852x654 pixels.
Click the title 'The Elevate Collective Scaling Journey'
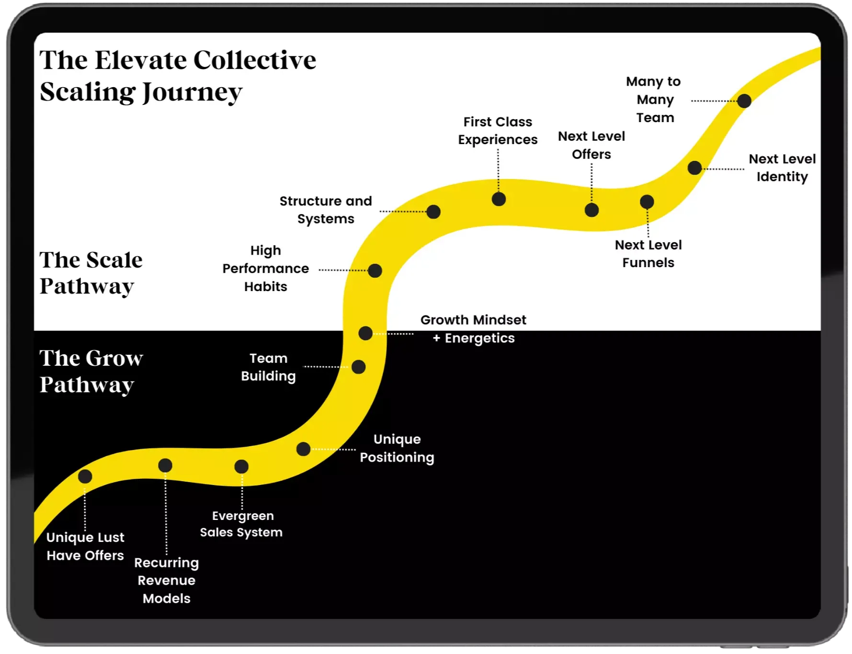178,76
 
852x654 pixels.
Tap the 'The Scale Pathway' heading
91,273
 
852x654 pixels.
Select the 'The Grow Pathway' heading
91,371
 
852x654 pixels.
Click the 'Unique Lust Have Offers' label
85,546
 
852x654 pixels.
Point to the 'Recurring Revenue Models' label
167,580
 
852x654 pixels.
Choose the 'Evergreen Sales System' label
241,524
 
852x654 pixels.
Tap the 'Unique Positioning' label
397,448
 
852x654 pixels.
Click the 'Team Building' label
268,367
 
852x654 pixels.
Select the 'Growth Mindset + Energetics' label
473,329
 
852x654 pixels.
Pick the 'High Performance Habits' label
266,269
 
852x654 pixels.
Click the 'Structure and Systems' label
326,210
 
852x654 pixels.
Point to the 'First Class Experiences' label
498,131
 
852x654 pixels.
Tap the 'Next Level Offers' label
591,145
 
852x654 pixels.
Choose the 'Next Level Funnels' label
648,254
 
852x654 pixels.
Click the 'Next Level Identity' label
782,168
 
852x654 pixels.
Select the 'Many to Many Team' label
654,100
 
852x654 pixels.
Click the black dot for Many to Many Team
744,101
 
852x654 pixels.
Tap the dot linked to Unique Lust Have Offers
85,476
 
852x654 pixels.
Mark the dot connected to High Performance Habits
375,271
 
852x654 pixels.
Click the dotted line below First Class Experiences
498,170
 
